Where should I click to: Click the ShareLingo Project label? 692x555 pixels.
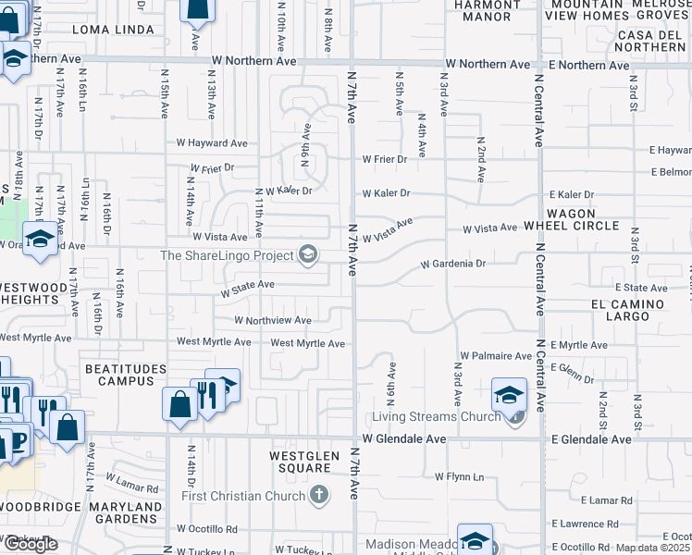227,255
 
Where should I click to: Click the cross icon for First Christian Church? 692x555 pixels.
319,495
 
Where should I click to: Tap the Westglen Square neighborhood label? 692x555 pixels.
300,462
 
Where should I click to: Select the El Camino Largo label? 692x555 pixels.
628,310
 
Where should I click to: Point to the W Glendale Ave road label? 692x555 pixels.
404,439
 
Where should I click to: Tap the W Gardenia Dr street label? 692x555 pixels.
453,264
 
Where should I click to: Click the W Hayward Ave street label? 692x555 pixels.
213,143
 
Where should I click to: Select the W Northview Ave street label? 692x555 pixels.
273,321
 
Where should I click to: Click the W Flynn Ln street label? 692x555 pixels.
460,476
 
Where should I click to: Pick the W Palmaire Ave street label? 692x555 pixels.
496,355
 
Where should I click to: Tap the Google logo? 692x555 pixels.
31,544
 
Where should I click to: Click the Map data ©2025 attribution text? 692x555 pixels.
653,548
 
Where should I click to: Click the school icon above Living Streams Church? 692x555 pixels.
509,395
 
